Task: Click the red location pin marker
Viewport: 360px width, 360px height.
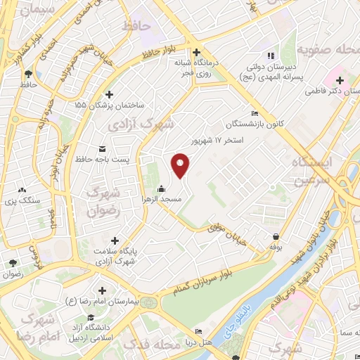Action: (x=181, y=165)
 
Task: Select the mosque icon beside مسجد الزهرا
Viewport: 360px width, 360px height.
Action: (x=161, y=188)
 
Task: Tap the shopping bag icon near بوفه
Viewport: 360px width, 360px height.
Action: (x=275, y=237)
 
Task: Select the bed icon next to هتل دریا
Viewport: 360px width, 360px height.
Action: (x=199, y=331)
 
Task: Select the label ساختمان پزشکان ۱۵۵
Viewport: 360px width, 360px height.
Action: (x=109, y=105)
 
